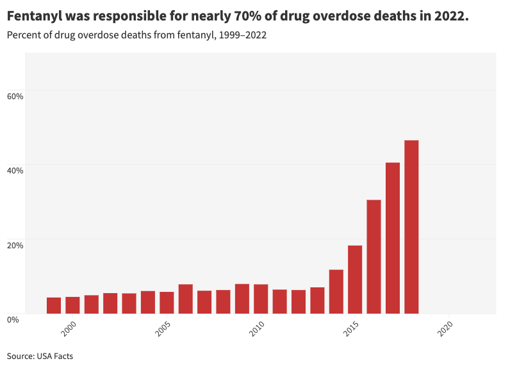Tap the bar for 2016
point(374,257)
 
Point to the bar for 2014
point(336,292)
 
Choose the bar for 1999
point(54,305)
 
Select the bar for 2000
point(72,305)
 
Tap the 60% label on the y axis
point(15,96)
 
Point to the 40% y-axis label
point(15,170)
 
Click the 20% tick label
point(15,244)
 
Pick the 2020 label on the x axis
point(445,330)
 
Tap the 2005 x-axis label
point(163,330)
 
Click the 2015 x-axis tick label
point(352,330)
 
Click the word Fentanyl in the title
point(35,16)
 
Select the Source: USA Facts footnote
point(40,356)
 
